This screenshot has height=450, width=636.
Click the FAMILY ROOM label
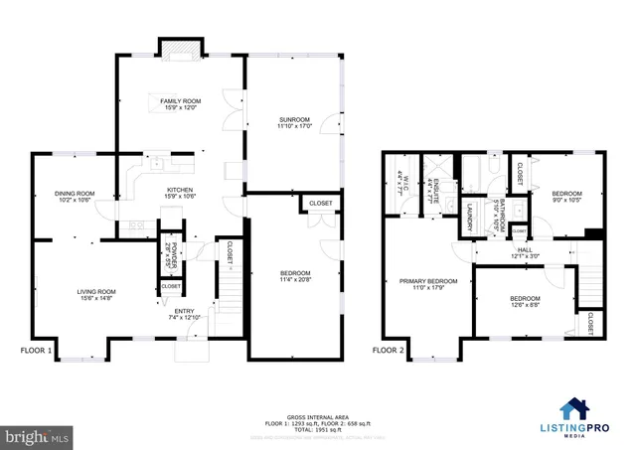coord(181,101)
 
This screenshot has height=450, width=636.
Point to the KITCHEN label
coord(180,190)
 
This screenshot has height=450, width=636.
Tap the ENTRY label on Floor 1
coord(186,312)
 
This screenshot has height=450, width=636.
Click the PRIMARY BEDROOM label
coord(428,281)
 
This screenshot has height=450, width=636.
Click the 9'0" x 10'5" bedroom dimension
coord(566,200)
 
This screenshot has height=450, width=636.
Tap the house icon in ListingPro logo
coord(574,409)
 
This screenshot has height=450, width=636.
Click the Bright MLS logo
coord(38,435)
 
